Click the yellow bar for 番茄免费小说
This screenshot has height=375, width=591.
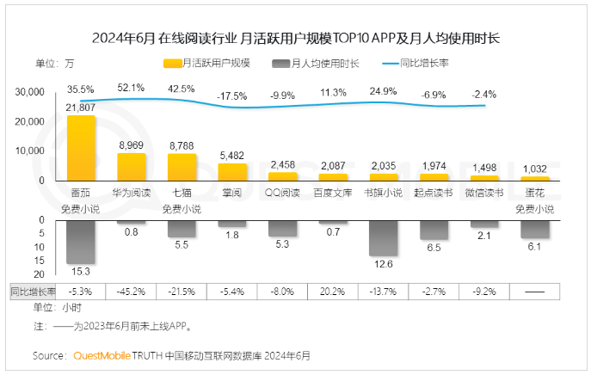tap(81, 147)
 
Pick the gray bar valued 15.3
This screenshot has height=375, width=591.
tap(81, 242)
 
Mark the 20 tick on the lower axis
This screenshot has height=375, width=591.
tap(39, 261)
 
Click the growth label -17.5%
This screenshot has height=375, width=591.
tap(232, 95)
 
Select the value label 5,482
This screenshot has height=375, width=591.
tap(233, 155)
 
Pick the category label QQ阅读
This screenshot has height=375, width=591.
tap(283, 193)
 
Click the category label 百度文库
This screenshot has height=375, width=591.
tap(334, 193)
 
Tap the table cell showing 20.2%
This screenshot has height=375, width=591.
tap(334, 292)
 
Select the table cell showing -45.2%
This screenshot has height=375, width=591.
tap(131, 292)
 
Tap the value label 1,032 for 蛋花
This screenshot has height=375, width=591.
tap(536, 169)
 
